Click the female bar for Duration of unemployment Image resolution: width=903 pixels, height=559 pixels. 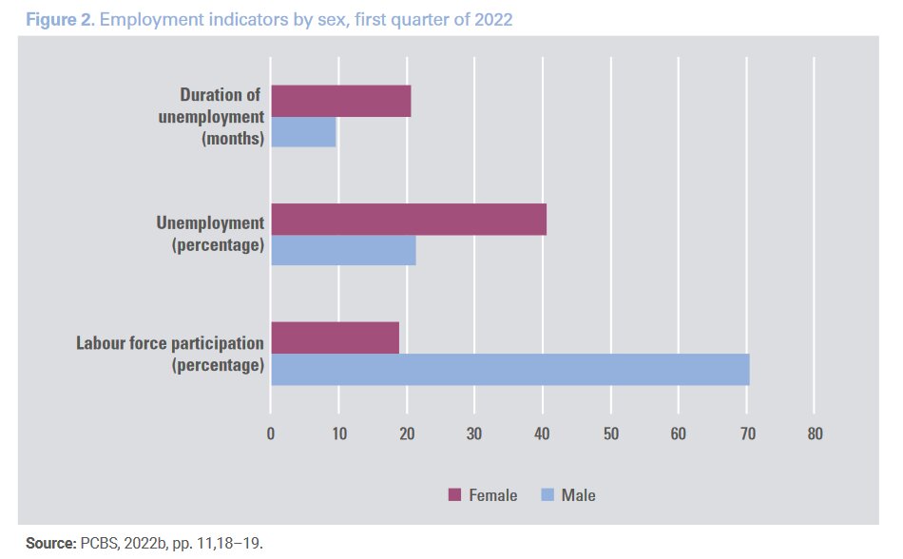(x=340, y=101)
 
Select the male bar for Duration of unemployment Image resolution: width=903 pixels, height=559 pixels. (x=303, y=132)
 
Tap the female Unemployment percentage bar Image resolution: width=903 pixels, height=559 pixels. (x=409, y=220)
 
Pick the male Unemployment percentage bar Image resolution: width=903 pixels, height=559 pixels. (x=343, y=250)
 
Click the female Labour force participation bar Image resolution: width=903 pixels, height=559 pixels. (x=335, y=337)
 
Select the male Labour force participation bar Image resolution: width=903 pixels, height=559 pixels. (x=509, y=369)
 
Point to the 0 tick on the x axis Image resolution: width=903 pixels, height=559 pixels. (x=271, y=434)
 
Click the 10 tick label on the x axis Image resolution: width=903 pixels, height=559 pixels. (x=338, y=434)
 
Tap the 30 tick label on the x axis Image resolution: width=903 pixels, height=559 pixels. (x=474, y=434)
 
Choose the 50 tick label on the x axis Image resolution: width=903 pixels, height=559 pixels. (x=610, y=434)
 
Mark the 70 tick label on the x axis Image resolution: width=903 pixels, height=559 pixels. (x=746, y=434)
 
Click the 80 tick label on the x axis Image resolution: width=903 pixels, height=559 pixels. (x=814, y=434)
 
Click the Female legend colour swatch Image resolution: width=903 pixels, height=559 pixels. (x=453, y=495)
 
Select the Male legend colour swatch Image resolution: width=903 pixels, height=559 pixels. (x=547, y=495)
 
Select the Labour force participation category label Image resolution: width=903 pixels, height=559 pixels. (x=169, y=342)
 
